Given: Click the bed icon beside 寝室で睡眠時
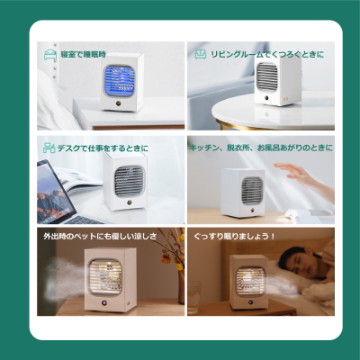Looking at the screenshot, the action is click(x=50, y=55).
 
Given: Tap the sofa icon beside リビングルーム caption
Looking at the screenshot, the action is click(x=201, y=54).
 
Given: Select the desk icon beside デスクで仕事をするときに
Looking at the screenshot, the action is click(x=49, y=148).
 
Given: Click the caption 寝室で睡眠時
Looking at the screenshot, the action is click(x=84, y=55).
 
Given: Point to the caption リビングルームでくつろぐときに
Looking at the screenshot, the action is click(x=267, y=54).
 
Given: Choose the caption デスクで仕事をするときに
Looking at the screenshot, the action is click(x=103, y=148).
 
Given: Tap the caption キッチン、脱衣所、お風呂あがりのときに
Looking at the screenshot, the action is click(x=261, y=148).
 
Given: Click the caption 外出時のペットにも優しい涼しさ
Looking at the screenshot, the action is click(x=100, y=236).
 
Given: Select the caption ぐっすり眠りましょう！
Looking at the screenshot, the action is click(x=234, y=236).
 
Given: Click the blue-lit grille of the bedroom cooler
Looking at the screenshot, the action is click(x=119, y=80).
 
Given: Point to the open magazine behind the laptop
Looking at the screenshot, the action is click(x=79, y=181).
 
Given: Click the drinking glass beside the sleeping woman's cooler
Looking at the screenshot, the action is click(x=194, y=292).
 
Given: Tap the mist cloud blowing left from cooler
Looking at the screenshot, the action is click(x=65, y=279).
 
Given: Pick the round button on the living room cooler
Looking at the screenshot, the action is click(x=266, y=98).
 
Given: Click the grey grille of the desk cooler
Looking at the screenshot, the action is click(x=130, y=181).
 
